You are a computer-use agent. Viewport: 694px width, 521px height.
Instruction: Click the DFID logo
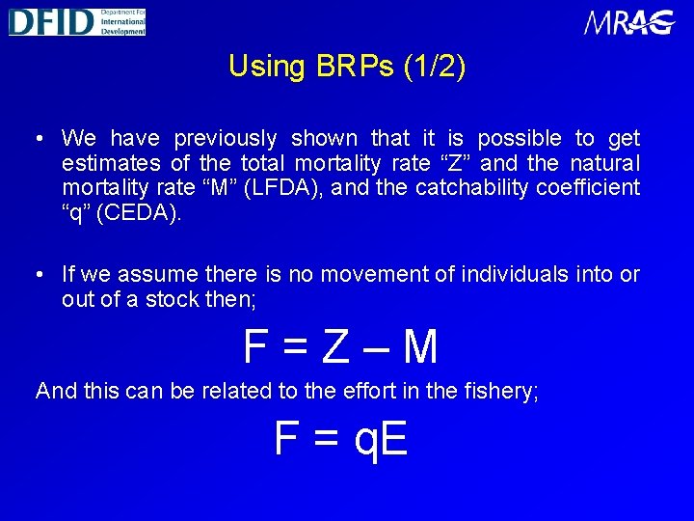[77, 20]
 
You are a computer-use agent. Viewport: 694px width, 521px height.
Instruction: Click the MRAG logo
[629, 22]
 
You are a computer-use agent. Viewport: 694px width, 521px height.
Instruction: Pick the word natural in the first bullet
[604, 163]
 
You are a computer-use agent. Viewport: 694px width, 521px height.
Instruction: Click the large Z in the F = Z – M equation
[334, 347]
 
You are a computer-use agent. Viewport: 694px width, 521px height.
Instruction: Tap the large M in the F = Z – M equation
[419, 347]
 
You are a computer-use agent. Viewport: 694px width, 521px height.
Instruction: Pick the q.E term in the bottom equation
[382, 439]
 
